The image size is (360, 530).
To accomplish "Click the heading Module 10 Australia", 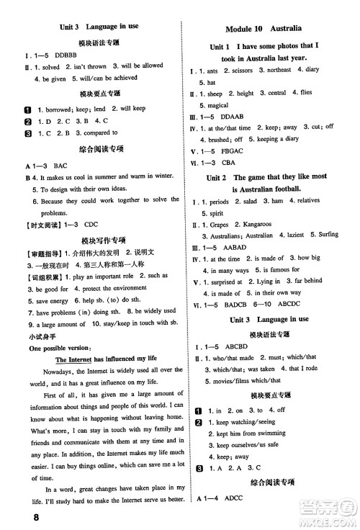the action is [x=265, y=29].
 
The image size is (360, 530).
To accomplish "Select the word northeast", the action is [x=278, y=70].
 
